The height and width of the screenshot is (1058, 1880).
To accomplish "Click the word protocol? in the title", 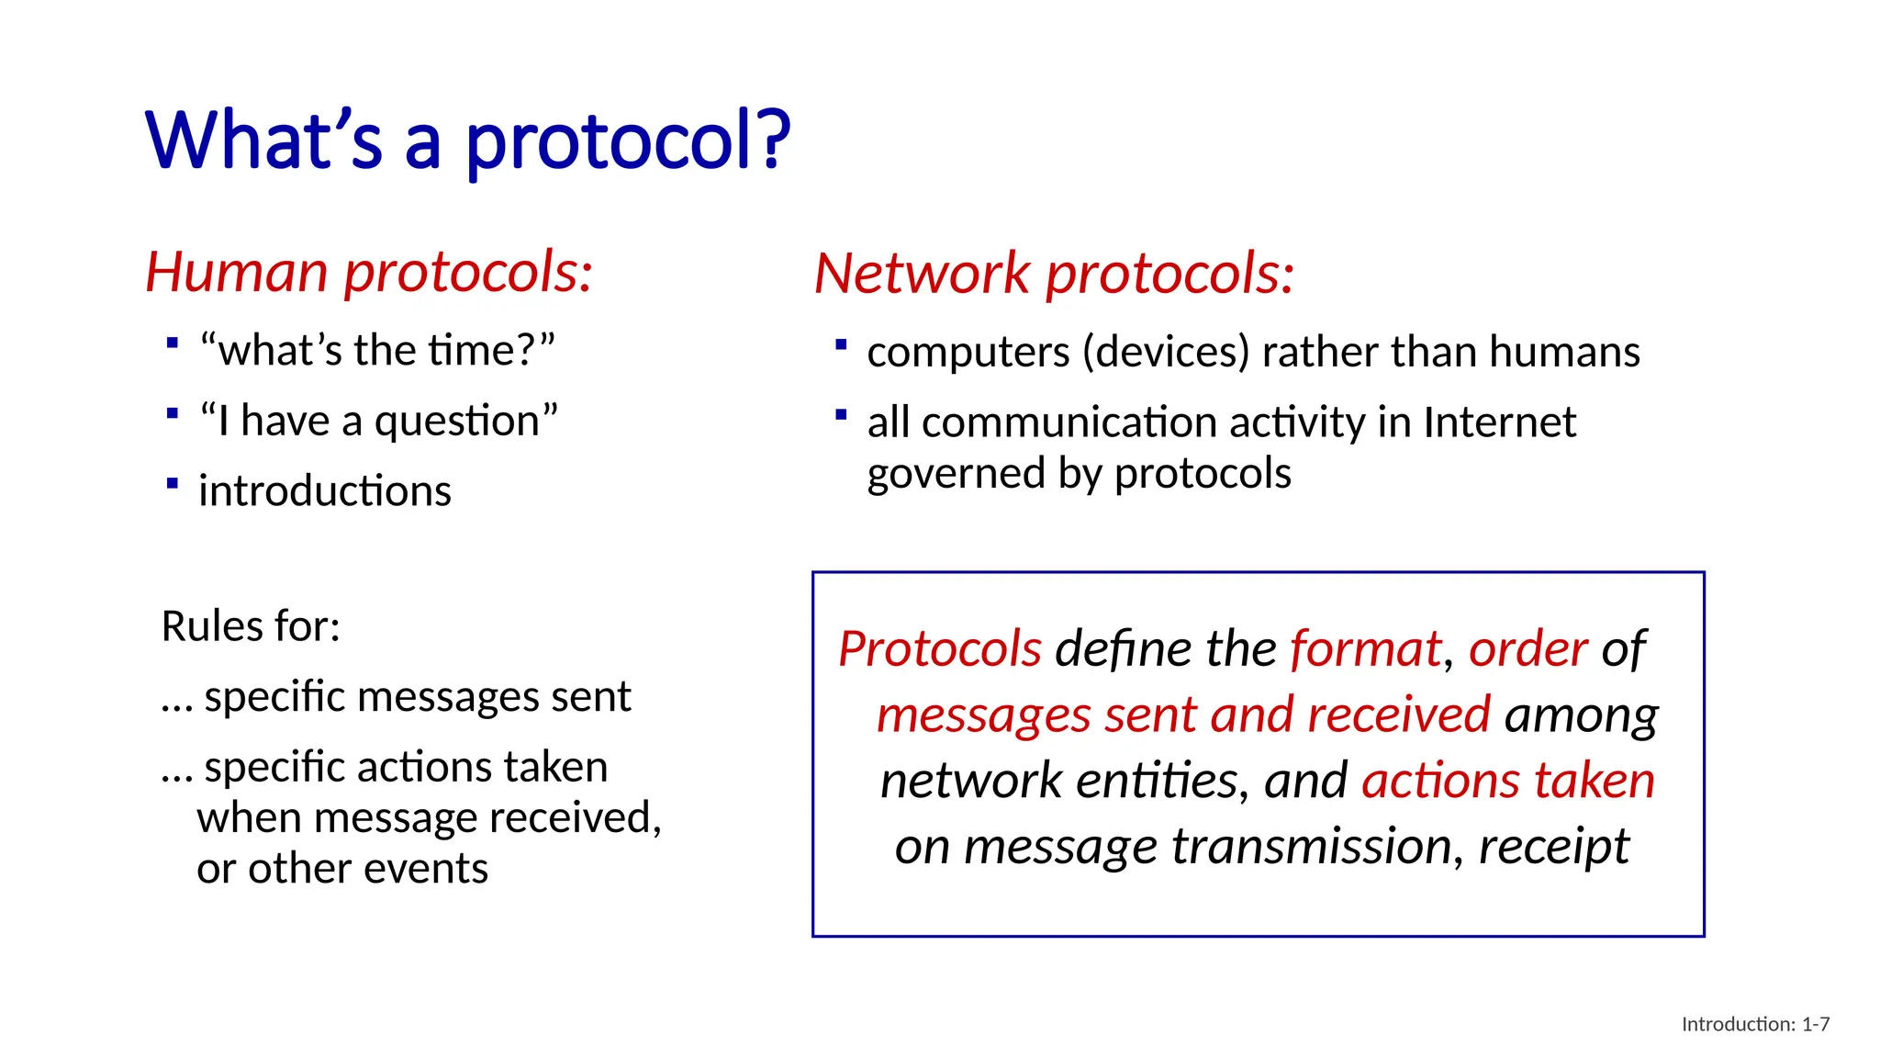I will [628, 143].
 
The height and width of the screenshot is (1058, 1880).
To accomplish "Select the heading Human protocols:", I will [369, 273].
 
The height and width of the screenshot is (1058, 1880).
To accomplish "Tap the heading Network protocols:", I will [1054, 275].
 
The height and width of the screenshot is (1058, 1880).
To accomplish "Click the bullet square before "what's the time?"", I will [173, 343].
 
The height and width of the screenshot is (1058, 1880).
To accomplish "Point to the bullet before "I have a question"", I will [173, 413].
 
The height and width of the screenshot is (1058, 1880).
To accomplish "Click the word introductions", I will [325, 491].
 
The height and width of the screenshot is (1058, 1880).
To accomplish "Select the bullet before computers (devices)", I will [840, 345].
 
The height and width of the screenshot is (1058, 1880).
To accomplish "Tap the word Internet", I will [1499, 422].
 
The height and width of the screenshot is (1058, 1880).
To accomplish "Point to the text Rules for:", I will [251, 627].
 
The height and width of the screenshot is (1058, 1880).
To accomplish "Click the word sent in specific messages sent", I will [590, 697].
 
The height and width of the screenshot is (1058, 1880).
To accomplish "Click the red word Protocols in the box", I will [940, 649].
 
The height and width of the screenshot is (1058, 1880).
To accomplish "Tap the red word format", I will [1365, 649].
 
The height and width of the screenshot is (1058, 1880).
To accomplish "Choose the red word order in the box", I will [1527, 649].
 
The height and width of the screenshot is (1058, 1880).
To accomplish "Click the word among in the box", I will [1581, 715].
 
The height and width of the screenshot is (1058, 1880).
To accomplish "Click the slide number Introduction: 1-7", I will [1755, 1024].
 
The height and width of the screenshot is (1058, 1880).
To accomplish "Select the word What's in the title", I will [263, 141].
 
